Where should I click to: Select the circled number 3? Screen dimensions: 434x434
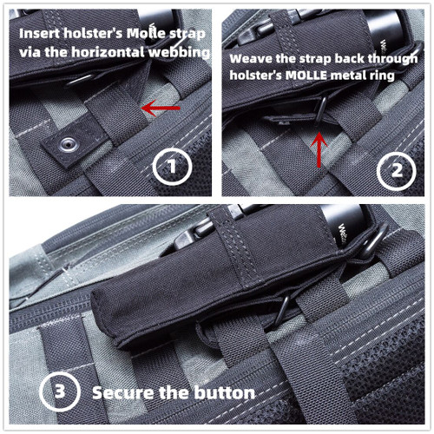coord(56,392)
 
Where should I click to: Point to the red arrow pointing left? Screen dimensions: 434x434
coord(161,108)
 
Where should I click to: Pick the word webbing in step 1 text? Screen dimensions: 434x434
coord(186,53)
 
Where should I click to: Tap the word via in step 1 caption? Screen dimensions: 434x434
coord(31,53)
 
